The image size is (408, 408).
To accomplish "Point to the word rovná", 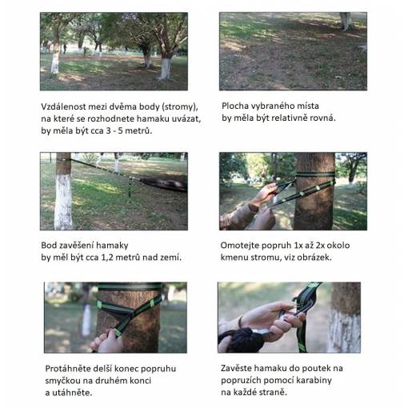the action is click(x=322, y=118).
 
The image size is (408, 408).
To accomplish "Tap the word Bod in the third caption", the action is click(x=47, y=246).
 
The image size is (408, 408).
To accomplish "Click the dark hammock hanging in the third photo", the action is click(x=164, y=184).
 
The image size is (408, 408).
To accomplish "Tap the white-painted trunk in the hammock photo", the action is click(x=63, y=191).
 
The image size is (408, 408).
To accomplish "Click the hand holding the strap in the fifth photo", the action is click(x=107, y=341).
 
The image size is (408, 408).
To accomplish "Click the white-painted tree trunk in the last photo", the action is click(x=344, y=318).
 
